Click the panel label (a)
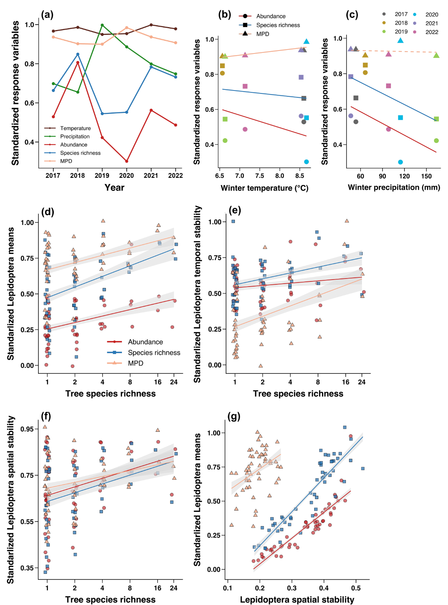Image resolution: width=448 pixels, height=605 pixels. (47, 15)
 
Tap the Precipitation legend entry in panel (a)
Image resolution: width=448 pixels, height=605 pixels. (75, 136)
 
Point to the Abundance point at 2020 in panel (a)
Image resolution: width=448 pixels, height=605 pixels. (127, 161)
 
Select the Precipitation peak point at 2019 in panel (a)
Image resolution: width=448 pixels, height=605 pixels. (102, 25)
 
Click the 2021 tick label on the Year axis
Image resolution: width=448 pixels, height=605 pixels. (151, 176)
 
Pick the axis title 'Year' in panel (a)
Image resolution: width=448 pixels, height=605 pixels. (114, 188)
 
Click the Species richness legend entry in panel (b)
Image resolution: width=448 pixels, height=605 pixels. (278, 25)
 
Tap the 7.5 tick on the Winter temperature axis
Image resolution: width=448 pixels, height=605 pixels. (259, 176)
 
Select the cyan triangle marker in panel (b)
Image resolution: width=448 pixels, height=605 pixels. (306, 41)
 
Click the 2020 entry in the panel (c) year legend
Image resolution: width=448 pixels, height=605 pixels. (432, 15)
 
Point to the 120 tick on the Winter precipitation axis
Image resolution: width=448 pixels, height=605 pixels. (404, 176)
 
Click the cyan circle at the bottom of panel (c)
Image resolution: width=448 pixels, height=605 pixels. (400, 162)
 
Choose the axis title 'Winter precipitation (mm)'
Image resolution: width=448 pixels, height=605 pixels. (394, 188)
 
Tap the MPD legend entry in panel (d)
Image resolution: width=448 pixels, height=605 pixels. (136, 363)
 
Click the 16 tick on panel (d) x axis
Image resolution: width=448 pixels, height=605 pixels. (158, 382)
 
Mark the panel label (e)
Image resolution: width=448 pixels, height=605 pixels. (235, 210)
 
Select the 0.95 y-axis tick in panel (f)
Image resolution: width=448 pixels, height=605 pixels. (27, 429)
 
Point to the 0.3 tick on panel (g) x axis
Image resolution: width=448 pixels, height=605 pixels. (292, 588)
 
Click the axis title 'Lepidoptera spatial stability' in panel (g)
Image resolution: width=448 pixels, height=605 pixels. (297, 600)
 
